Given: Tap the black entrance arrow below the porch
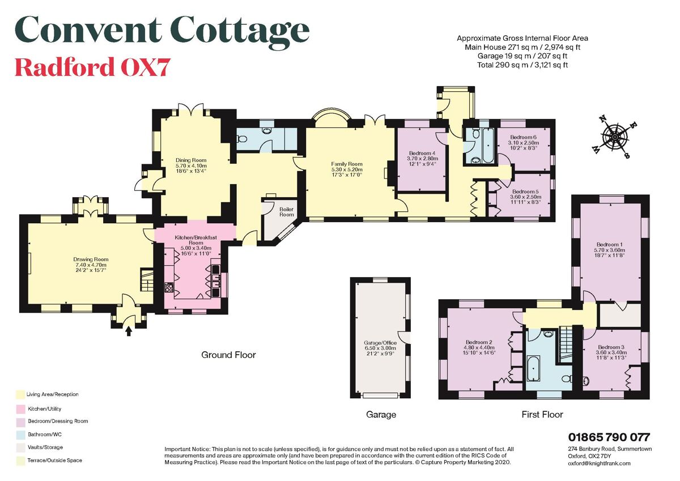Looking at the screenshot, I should [x=129, y=330].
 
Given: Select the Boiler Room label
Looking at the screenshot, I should [x=287, y=211].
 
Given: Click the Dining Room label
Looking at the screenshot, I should [x=190, y=165].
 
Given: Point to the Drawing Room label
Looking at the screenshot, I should [x=91, y=265].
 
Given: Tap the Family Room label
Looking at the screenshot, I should [x=346, y=169].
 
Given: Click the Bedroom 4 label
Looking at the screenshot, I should [x=422, y=158].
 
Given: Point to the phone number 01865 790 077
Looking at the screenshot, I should [x=609, y=437].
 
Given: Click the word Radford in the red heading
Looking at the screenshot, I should [x=63, y=67].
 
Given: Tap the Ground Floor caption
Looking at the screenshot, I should [x=228, y=355].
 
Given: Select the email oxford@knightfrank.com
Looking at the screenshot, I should [x=599, y=463].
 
